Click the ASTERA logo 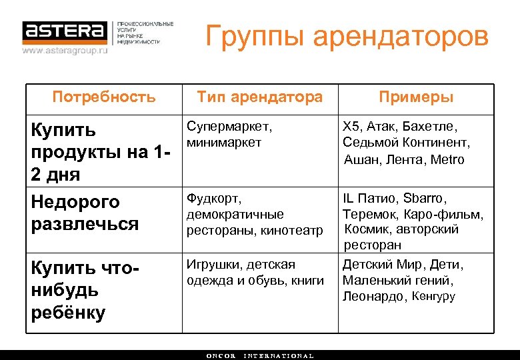(x=64, y=31)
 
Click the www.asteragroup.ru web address (x=65, y=50)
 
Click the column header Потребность (x=104, y=97)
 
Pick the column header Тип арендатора (x=259, y=97)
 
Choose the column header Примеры (x=416, y=97)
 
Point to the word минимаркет (x=224, y=142)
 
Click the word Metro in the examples (x=447, y=159)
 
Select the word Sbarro (x=425, y=199)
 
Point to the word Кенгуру (x=433, y=297)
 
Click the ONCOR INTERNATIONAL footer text (x=259, y=356)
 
